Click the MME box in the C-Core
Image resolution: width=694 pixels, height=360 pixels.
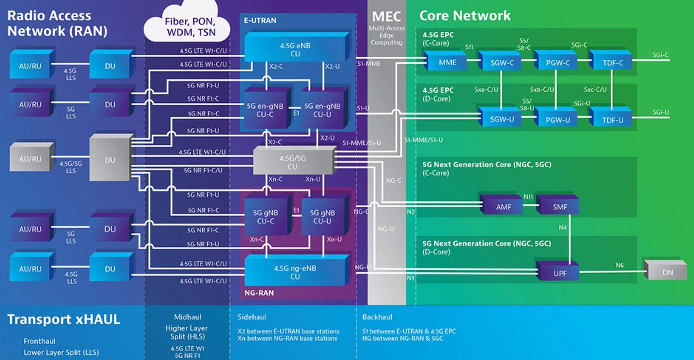[447, 62]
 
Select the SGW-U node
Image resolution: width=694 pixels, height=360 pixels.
[501, 119]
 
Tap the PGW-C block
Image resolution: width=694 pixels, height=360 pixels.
[558, 63]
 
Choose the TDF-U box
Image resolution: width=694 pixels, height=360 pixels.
[613, 120]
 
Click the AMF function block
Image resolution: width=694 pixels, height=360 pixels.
[503, 207]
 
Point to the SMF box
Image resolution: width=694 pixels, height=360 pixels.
[560, 207]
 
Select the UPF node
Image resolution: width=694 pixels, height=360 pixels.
[560, 273]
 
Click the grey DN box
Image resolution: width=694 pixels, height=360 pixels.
[667, 272]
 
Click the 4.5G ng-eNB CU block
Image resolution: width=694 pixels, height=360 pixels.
[295, 272]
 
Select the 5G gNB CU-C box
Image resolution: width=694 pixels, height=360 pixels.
[265, 216]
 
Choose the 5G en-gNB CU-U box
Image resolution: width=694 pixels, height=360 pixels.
[322, 110]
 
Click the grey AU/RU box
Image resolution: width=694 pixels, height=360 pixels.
[30, 159]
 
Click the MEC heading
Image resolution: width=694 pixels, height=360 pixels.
[386, 16]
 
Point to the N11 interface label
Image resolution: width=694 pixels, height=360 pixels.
[528, 197]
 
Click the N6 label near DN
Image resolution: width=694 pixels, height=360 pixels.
[619, 265]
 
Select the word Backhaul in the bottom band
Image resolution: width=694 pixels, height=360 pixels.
[377, 317]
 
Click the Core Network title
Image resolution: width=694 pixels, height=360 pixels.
[464, 16]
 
